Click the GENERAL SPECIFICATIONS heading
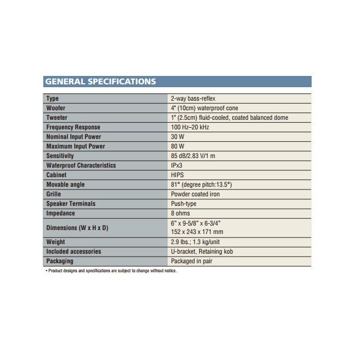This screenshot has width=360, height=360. click(x=100, y=82)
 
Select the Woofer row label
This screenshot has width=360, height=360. click(x=56, y=108)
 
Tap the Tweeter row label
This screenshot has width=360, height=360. click(x=57, y=118)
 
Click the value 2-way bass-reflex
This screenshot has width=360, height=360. click(x=193, y=98)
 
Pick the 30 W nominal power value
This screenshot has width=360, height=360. click(x=178, y=137)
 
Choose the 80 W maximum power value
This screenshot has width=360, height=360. click(x=178, y=146)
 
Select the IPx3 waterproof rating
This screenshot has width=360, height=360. click(x=177, y=165)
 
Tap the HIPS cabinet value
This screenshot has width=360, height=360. click(x=177, y=175)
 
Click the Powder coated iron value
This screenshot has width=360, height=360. click(x=195, y=194)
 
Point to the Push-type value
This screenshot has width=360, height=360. click(x=183, y=204)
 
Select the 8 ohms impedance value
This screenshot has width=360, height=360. click(x=181, y=213)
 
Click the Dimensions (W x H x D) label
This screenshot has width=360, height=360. click(x=76, y=228)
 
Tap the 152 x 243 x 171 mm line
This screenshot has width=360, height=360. click(x=197, y=232)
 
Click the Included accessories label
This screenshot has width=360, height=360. click(x=74, y=251)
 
